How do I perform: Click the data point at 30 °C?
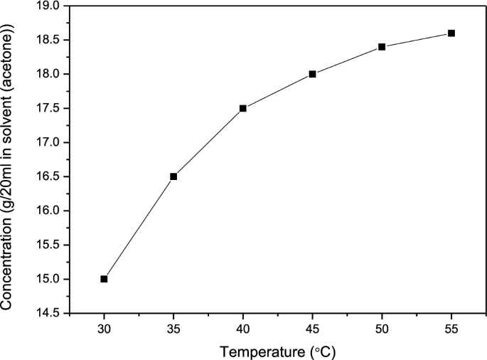pos(104,279)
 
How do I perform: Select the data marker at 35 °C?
pos(173,176)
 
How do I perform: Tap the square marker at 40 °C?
pos(243,108)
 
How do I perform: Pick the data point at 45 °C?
pos(312,74)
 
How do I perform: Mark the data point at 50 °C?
pos(382,47)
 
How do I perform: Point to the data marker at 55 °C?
pos(451,33)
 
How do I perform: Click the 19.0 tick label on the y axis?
pos(47,6)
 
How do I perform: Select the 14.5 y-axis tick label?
pos(47,313)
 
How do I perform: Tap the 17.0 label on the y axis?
pos(47,142)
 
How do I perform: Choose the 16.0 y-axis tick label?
pos(47,211)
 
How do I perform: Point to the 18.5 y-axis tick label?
pos(47,40)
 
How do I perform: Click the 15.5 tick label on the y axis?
pos(47,245)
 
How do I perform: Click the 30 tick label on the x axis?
pos(104,329)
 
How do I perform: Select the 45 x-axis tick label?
pos(312,329)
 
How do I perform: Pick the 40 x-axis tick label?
pos(243,329)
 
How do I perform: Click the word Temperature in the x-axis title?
pos(262,351)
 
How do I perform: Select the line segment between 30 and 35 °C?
pos(139,228)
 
